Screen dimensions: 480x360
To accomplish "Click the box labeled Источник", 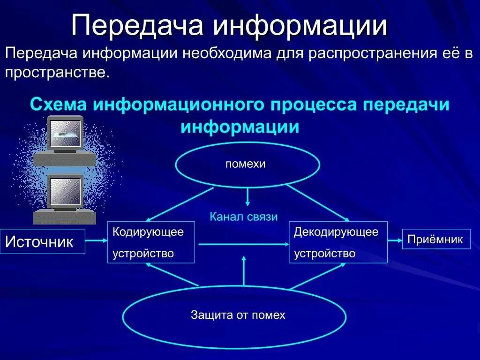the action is tap(42, 241).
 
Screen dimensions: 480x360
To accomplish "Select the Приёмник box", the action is tap(436, 239).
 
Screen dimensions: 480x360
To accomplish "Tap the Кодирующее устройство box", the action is tap(151, 242).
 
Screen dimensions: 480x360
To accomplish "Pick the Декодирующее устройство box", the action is tap(338, 242).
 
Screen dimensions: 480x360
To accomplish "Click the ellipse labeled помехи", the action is tap(247, 165).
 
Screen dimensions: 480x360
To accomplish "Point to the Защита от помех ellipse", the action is tap(234, 315).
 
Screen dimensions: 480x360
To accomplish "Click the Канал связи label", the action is tap(243, 217).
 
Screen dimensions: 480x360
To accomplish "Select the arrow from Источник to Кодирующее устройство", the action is tap(97, 240).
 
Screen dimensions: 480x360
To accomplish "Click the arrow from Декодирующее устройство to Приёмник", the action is tap(395, 240).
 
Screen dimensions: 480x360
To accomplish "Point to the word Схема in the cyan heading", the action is tap(59, 104).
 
